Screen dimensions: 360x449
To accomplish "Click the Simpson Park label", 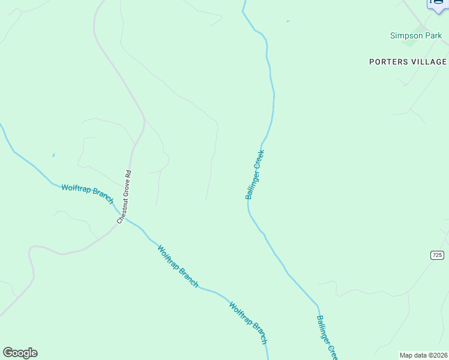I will pos(415,35).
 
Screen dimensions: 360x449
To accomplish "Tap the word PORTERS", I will pos(388,62).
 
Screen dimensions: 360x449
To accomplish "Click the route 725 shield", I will pos(437,255).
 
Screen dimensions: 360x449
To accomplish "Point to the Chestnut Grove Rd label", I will pos(124,197).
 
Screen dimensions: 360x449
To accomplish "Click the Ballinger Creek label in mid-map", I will pos(255,175).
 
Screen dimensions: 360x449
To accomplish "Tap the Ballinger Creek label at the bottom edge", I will pos(328,337).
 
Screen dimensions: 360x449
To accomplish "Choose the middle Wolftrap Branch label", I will pos(178,266).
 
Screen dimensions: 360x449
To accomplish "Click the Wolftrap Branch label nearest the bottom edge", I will pos(248,322).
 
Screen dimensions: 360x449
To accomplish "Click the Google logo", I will pos(20,353).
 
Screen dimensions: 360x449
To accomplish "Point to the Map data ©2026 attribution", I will pos(424,355).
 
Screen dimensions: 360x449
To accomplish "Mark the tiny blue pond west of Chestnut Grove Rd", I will pos(53,155).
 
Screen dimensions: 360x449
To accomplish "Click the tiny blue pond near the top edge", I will pos(288,22).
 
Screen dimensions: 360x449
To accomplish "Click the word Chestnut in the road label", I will pos(122,212).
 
